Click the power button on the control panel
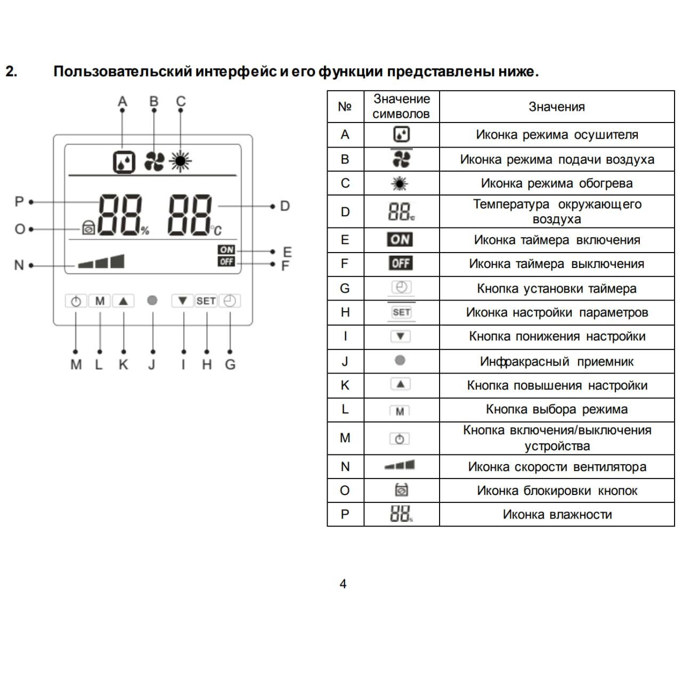[x=76, y=302]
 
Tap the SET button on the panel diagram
[x=206, y=301]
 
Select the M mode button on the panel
[x=100, y=301]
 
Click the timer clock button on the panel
[x=230, y=301]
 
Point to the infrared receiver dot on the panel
[x=152, y=301]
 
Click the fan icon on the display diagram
[x=154, y=161]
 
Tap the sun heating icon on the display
[x=181, y=161]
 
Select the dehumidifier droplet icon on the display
[x=124, y=161]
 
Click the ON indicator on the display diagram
[x=226, y=250]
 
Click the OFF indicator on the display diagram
[x=226, y=262]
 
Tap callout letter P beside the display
[x=19, y=202]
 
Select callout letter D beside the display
[x=285, y=206]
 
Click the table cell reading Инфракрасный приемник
[x=557, y=362]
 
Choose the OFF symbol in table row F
[x=401, y=264]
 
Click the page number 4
[x=343, y=584]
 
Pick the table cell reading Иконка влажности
[x=557, y=515]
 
